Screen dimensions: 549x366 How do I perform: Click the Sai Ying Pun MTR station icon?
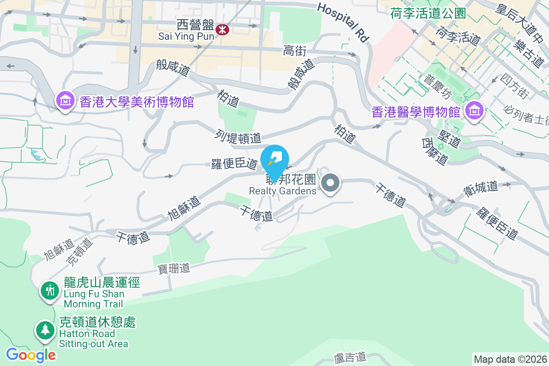coord(223,29)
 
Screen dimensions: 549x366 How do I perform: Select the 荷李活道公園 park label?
coord(428,14)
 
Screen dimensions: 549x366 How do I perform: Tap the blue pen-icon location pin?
coord(274,160)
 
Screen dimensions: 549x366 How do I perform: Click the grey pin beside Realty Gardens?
coord(331,183)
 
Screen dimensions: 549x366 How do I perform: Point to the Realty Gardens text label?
coord(283,191)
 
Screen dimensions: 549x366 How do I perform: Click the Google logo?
coord(31,355)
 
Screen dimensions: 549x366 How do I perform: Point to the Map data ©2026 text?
coord(510,359)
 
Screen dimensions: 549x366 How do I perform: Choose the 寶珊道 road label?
coord(174,269)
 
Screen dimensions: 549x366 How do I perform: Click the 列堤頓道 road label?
coord(238,136)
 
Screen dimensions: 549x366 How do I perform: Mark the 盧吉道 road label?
coord(350,356)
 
